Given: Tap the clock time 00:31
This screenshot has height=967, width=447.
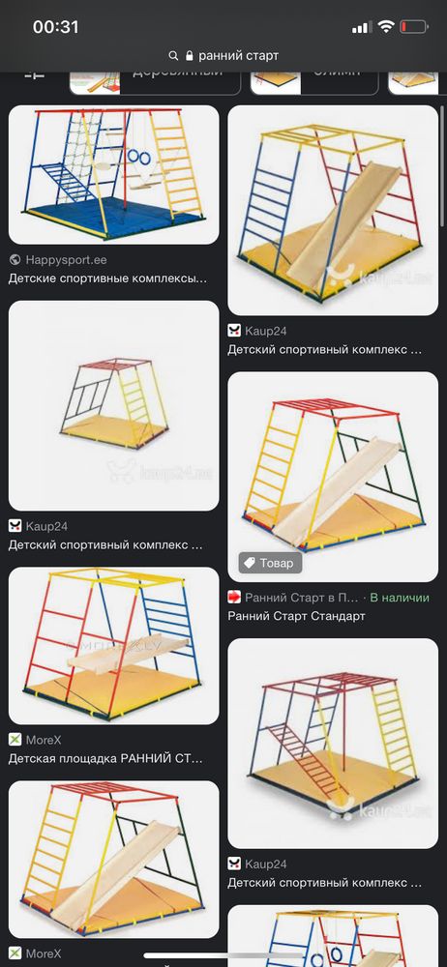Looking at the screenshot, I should (x=55, y=27).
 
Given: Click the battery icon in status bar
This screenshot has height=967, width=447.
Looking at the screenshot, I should (x=413, y=27).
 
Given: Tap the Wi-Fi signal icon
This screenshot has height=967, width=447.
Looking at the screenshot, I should (x=386, y=27).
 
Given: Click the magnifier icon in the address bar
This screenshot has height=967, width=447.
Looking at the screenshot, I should (x=173, y=56).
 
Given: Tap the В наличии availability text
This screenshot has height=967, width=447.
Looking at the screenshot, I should (x=399, y=598).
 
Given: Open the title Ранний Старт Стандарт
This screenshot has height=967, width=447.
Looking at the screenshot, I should (x=296, y=617).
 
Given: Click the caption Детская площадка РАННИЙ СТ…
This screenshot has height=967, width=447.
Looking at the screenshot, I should (x=106, y=759).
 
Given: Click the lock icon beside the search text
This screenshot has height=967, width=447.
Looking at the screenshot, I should (x=190, y=56).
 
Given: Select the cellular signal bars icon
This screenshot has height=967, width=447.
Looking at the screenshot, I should (x=362, y=27).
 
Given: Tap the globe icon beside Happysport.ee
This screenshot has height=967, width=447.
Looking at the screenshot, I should (x=15, y=260).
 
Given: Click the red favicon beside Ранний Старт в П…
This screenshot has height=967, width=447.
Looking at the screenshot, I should (x=234, y=598).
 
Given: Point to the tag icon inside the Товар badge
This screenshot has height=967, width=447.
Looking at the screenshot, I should (x=249, y=563).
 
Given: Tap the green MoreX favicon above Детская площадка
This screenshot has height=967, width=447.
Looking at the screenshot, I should (x=15, y=740).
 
